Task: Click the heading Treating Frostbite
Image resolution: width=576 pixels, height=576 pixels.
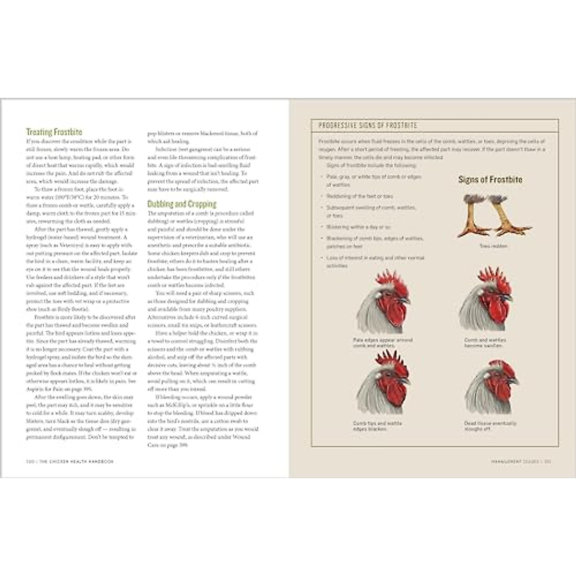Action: (54, 132)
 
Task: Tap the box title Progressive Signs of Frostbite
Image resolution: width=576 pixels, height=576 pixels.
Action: (368, 125)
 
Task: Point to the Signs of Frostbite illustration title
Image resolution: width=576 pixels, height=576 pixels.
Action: (490, 180)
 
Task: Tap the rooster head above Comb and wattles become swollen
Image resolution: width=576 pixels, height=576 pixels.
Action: (486, 300)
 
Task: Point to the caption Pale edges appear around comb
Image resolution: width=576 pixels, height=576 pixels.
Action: (383, 342)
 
